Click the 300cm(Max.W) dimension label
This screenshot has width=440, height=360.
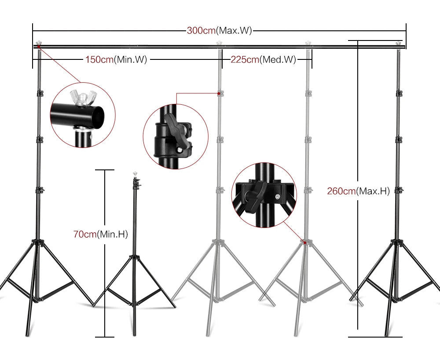219,31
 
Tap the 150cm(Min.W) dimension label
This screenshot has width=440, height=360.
116,60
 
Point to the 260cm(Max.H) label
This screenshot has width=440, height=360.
358,191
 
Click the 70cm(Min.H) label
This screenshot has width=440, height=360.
100,235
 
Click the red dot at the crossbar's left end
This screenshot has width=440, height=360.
39,46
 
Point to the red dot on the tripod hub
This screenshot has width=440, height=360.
304,242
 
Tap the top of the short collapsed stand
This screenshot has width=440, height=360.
134,175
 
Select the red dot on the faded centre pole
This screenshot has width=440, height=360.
219,93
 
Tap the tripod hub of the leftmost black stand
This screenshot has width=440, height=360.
38,242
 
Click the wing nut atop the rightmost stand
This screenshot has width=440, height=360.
399,43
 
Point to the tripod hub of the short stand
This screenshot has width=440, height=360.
134,256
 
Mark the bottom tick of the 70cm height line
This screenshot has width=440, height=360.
105,337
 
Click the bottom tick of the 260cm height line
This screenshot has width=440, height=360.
375,337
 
